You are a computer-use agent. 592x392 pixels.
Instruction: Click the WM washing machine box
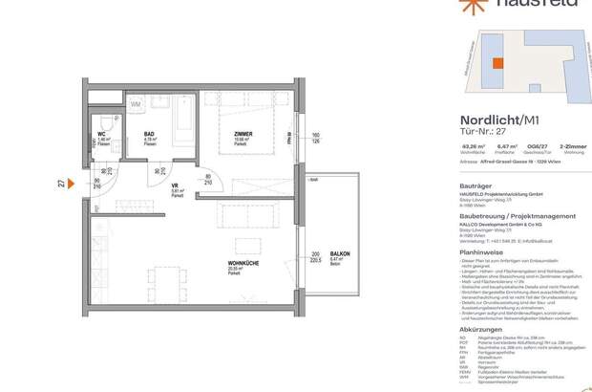[x=136, y=104]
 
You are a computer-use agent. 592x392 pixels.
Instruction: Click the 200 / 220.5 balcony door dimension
[x=313, y=258]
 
